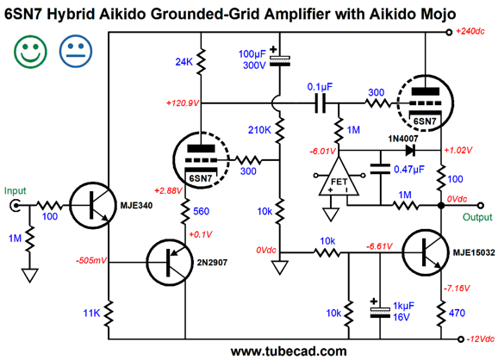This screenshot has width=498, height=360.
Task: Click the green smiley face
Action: [30, 52]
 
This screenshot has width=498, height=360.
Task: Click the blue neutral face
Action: [76, 52]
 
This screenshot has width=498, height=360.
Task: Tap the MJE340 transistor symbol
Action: [93, 205]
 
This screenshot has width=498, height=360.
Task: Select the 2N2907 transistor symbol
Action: [170, 263]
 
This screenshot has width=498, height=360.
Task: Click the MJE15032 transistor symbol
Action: [426, 252]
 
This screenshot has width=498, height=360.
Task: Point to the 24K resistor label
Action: [184, 62]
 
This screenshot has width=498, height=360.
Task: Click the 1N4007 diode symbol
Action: [410, 151]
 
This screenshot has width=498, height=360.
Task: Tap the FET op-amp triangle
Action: [339, 177]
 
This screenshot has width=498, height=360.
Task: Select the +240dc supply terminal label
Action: [470, 31]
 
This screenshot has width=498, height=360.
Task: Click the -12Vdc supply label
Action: [481, 338]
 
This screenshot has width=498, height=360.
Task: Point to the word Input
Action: [15, 191]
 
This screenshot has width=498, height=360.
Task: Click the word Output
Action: [477, 217]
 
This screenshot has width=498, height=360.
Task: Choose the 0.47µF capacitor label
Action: [409, 169]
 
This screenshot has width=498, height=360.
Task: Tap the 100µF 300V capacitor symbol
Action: [279, 59]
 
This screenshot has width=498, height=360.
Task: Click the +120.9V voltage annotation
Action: [183, 103]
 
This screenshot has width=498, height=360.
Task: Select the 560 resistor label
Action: [201, 211]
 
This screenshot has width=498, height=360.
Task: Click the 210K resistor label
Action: [260, 130]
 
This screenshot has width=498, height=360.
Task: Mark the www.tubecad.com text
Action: [289, 351]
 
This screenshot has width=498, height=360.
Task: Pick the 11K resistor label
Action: [91, 313]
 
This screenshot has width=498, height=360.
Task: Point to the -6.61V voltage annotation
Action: [380, 246]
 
